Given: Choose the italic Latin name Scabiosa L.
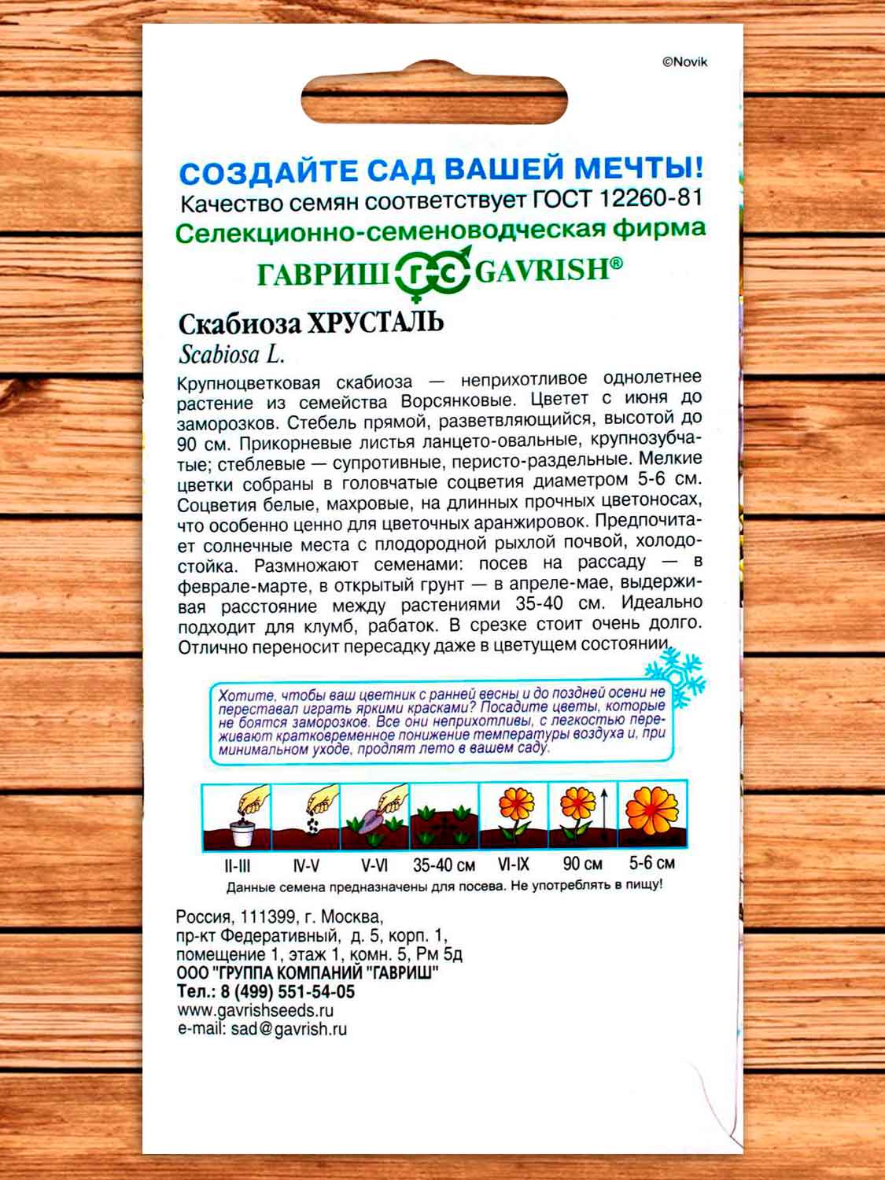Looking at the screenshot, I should pyautogui.click(x=232, y=355).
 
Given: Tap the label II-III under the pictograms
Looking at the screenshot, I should pyautogui.click(x=237, y=865).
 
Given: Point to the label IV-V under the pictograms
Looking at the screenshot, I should pyautogui.click(x=306, y=865).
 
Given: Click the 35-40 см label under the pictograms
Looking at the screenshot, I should pyautogui.click(x=444, y=865).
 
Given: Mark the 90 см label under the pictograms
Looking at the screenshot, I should pyautogui.click(x=583, y=864).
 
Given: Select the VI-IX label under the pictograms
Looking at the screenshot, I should pyautogui.click(x=514, y=864).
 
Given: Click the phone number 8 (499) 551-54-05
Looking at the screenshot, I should pyautogui.click(x=287, y=992).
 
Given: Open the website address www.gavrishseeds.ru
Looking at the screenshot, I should pyautogui.click(x=256, y=1011).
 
